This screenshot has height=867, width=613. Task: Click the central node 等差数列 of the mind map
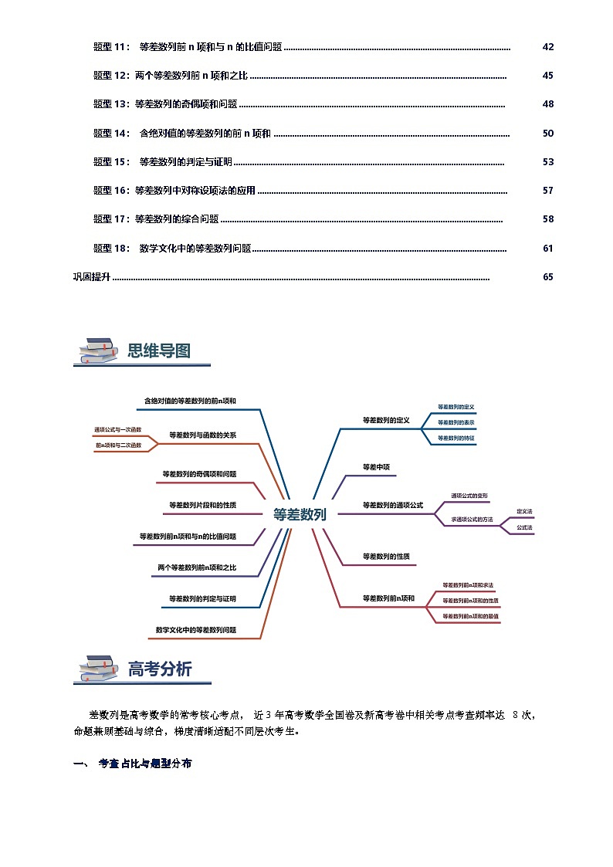coord(300,514)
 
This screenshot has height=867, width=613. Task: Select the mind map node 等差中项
coord(377,467)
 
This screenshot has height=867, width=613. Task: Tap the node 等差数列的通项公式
coord(393,505)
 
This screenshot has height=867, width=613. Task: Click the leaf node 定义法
coord(525,512)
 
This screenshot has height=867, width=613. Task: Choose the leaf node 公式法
coord(525,527)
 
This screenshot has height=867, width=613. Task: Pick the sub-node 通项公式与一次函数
coord(118,429)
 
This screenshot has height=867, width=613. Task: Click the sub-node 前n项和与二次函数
coord(118,445)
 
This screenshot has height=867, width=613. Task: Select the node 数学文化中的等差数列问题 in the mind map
coord(196,630)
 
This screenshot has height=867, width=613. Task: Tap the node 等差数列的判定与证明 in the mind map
coord(203,598)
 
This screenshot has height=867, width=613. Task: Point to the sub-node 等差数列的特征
coord(456,438)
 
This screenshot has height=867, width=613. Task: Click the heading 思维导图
coord(159,351)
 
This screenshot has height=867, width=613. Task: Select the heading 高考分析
coord(160,669)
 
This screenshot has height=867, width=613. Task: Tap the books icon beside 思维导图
coord(97,351)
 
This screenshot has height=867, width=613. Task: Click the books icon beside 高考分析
coord(97,669)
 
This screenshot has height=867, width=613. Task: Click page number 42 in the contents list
coord(548,47)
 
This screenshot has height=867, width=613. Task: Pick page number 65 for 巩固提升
coord(548,277)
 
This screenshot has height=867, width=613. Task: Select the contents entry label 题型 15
coord(112,162)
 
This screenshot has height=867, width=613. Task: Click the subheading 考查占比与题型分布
coord(145,764)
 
